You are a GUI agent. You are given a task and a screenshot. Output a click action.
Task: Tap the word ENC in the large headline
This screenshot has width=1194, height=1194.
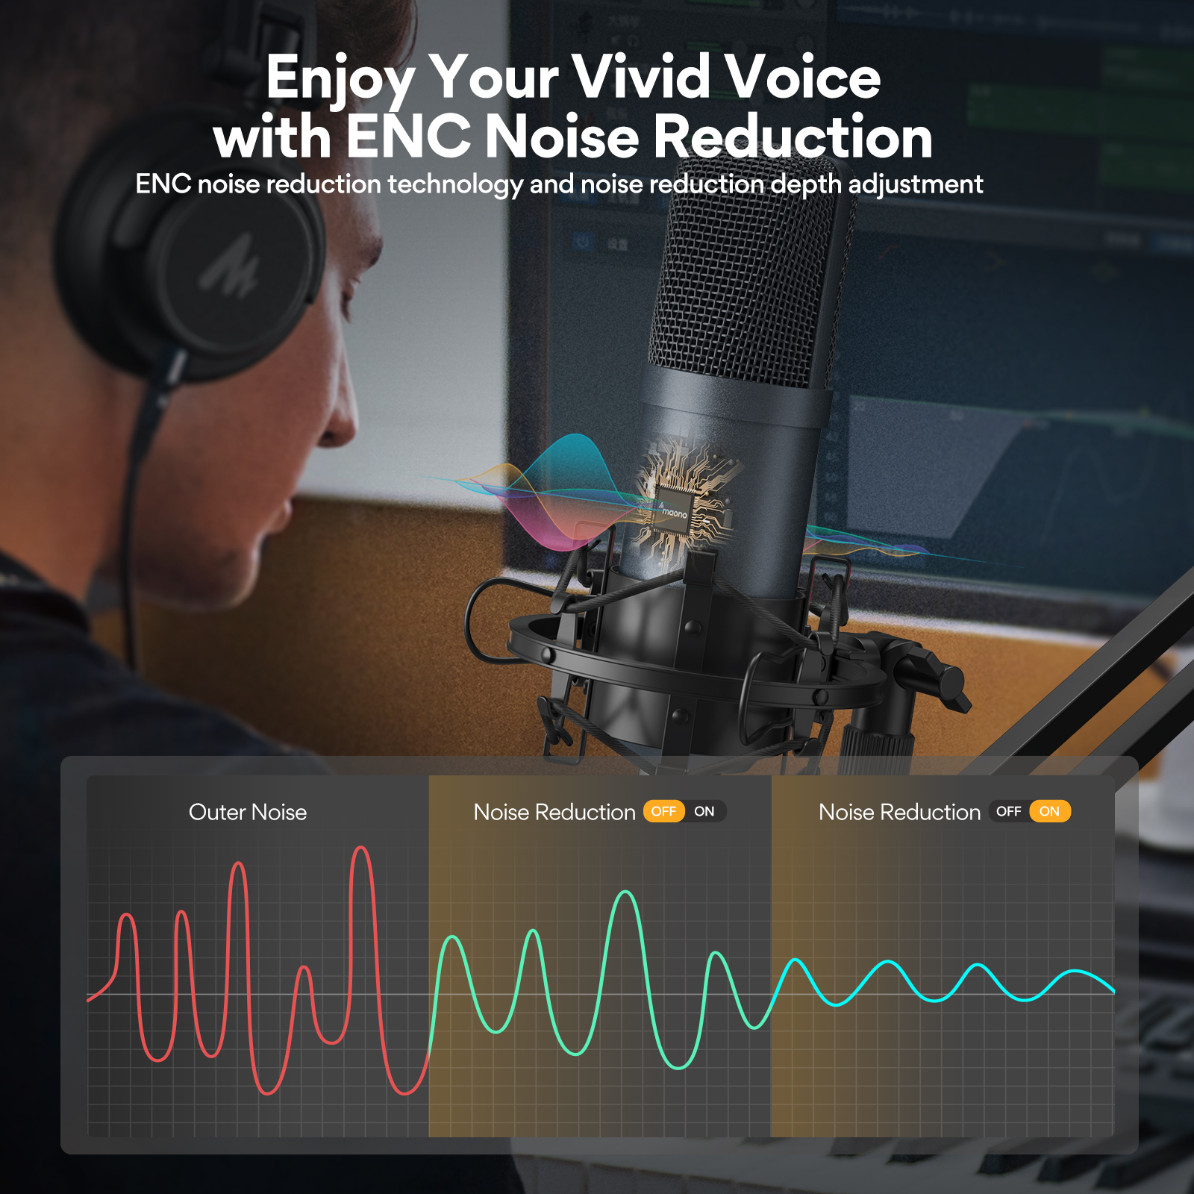tap(408, 137)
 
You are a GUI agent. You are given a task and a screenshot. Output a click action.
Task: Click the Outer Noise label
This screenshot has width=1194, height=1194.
tap(248, 812)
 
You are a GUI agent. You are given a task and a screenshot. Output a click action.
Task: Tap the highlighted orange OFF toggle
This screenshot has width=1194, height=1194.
tap(663, 811)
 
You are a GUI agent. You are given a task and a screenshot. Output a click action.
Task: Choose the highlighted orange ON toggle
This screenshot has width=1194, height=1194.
tap(1049, 811)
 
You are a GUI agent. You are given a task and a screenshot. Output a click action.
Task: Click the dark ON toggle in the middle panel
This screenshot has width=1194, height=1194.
tap(704, 811)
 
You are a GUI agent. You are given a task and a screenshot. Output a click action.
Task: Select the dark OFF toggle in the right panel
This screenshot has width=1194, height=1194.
tap(1009, 811)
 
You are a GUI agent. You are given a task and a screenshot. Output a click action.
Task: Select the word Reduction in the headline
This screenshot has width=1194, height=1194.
tap(793, 137)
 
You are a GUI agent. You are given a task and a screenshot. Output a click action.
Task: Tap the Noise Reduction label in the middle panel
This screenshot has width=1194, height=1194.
tap(554, 812)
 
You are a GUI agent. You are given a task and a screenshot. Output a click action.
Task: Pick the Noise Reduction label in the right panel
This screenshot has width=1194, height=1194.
tap(899, 812)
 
